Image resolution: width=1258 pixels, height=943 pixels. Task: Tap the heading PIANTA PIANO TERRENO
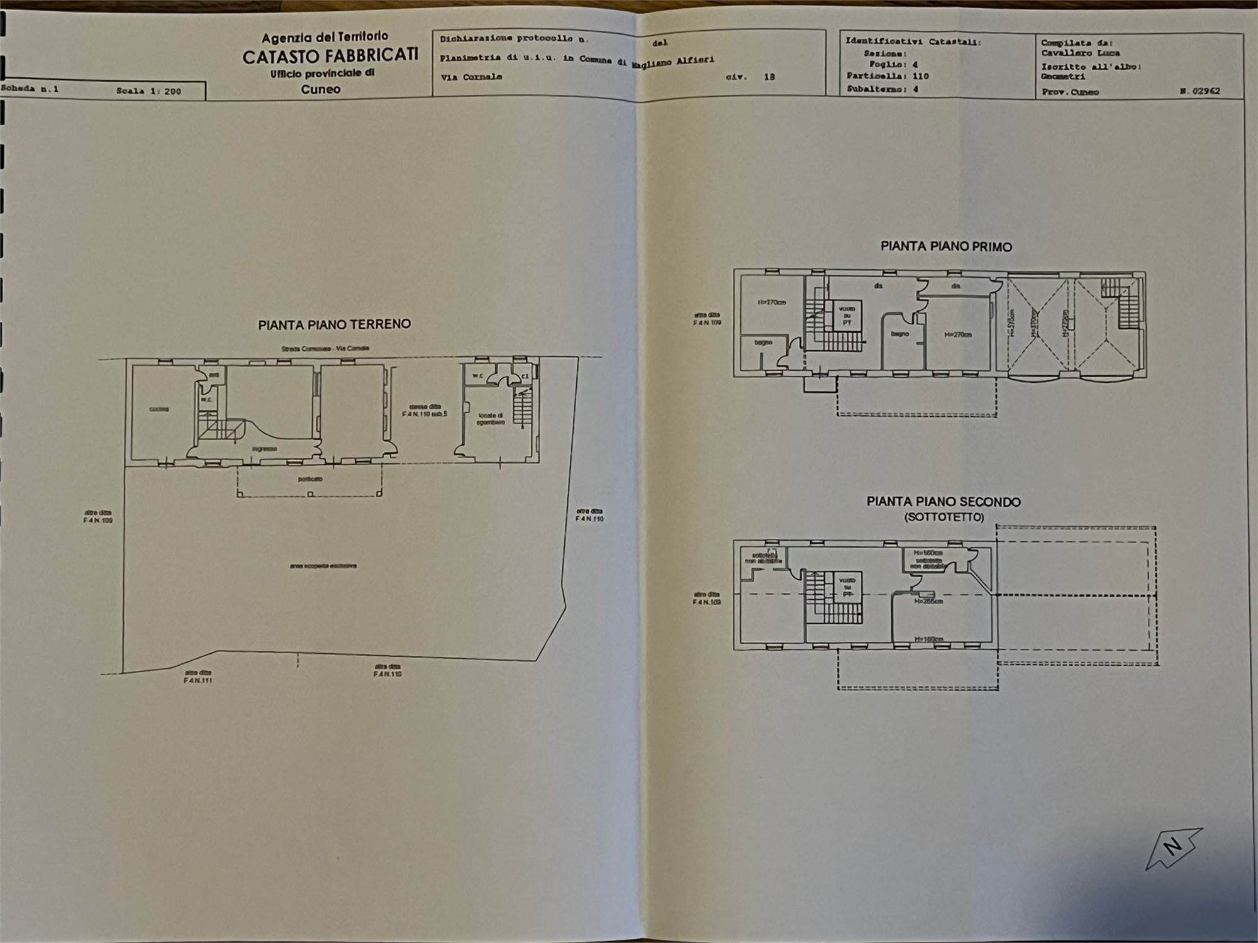(x=334, y=324)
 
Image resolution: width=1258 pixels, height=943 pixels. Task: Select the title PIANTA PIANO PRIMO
(x=946, y=246)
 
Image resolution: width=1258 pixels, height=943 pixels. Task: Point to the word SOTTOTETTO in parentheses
(x=944, y=517)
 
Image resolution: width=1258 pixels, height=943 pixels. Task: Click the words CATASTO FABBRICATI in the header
(x=330, y=56)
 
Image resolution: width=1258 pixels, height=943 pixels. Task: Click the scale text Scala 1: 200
(x=148, y=91)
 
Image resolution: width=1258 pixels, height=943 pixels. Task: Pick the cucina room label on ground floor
(x=159, y=409)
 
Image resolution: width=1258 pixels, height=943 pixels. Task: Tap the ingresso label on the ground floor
(x=264, y=449)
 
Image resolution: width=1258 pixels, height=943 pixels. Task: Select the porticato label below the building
(x=310, y=479)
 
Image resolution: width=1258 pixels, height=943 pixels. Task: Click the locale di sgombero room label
(x=491, y=419)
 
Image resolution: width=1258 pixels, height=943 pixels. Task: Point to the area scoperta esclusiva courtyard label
(x=323, y=566)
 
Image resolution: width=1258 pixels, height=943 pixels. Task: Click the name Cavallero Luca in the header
(x=1080, y=53)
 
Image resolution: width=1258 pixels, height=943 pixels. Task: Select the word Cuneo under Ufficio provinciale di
(x=321, y=89)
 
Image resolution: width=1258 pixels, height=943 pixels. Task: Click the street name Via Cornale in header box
(x=472, y=77)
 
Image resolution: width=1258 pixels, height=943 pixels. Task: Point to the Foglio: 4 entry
(x=893, y=64)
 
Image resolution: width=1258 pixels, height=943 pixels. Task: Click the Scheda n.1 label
(x=30, y=89)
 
